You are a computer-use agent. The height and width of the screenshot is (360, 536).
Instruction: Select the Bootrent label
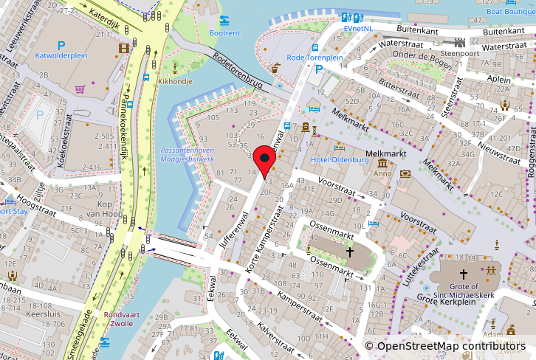click(224, 33)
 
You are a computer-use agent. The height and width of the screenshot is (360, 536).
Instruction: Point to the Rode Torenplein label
click(315, 57)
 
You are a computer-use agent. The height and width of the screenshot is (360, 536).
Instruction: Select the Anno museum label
click(382, 174)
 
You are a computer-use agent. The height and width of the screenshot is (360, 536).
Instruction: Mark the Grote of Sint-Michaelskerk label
click(464, 291)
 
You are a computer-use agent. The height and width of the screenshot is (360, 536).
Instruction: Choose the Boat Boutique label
click(511, 11)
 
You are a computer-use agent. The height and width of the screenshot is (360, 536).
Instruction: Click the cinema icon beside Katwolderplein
click(123, 49)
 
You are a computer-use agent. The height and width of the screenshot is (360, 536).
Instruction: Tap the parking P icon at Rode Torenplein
click(319, 69)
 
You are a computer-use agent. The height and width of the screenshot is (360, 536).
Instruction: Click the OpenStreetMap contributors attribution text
click(450, 346)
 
